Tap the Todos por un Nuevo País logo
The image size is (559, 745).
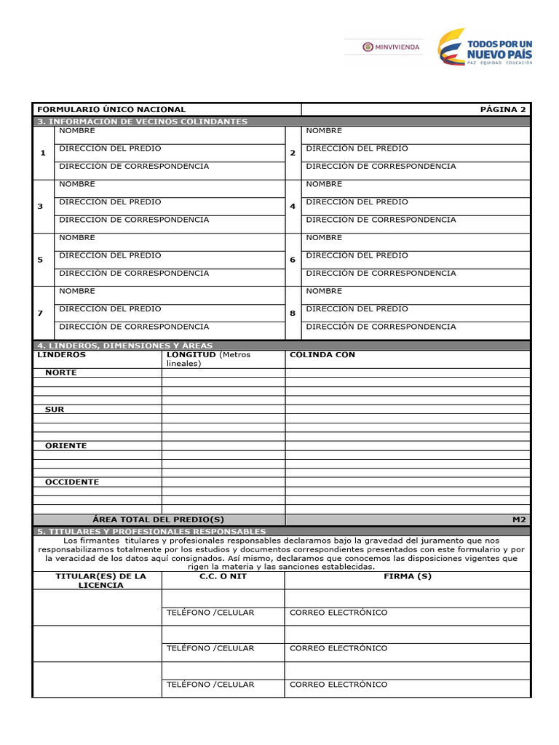click(485, 47)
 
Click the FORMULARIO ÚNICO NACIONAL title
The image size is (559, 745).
click(111, 109)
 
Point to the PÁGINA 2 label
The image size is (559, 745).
click(502, 109)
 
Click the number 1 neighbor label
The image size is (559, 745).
click(43, 153)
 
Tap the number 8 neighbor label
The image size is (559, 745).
click(293, 313)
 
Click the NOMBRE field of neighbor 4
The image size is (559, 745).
click(324, 184)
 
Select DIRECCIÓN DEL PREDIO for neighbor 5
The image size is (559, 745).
click(110, 255)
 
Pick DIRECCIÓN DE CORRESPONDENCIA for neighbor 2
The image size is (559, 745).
click(381, 166)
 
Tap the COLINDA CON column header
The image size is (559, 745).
click(322, 354)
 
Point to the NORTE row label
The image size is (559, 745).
click(60, 372)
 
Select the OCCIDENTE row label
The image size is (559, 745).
click(72, 482)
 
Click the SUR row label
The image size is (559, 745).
click(55, 409)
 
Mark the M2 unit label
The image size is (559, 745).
click(519, 519)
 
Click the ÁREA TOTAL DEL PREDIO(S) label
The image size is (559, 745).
click(159, 519)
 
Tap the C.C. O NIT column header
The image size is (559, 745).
click(223, 576)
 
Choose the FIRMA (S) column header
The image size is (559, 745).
click(408, 576)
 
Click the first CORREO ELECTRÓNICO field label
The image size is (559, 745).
click(338, 613)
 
